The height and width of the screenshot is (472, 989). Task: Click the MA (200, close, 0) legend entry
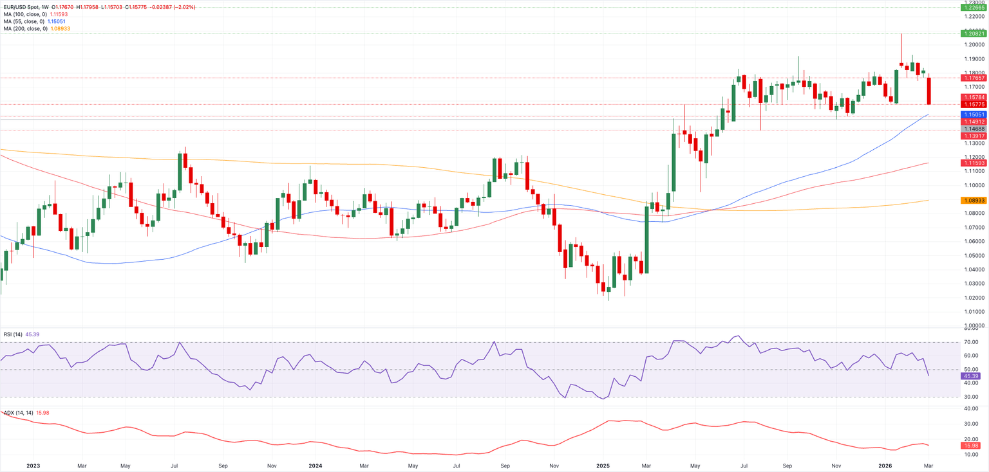click(x=24, y=29)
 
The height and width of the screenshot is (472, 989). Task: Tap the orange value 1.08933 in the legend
click(x=59, y=29)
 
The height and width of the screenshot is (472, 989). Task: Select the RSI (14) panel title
click(x=13, y=334)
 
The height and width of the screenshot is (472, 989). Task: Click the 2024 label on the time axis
click(x=316, y=464)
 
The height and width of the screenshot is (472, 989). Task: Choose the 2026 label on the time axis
click(x=885, y=464)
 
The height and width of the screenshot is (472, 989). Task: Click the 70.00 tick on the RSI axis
click(x=971, y=342)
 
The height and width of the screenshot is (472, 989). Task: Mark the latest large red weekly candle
click(x=929, y=91)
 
